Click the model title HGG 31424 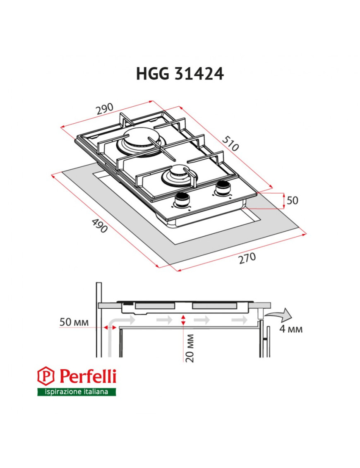180,73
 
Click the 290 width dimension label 105,109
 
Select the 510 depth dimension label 230,144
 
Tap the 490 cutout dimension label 99,226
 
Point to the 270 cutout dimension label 247,258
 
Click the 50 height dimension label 292,200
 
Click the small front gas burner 178,176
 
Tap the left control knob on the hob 182,200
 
